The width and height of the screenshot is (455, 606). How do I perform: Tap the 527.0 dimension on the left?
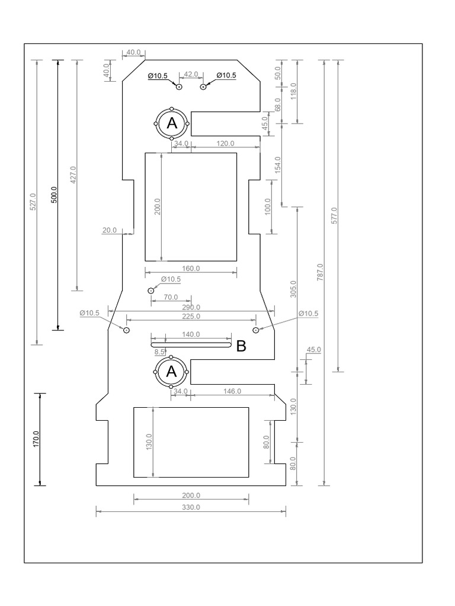[33, 201]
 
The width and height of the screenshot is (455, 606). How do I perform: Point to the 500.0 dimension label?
[54, 195]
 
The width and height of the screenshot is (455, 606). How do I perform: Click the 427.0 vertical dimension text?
[73, 175]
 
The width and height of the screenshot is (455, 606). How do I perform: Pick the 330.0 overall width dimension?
[191, 507]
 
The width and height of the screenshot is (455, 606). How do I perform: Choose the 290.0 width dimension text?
[191, 307]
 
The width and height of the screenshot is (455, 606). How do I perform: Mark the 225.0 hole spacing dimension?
[191, 317]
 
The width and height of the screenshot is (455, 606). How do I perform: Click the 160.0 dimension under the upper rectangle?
[191, 268]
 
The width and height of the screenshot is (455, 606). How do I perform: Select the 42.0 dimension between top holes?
[191, 74]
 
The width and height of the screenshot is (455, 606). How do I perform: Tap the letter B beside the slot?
[241, 347]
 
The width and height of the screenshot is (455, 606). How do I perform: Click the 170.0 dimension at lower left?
[36, 439]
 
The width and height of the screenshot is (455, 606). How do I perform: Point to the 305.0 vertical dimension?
[293, 289]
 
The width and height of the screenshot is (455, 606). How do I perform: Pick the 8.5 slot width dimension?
[159, 352]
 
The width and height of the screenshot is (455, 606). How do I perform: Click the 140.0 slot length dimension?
[191, 334]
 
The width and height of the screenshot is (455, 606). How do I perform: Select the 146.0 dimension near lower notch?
[232, 391]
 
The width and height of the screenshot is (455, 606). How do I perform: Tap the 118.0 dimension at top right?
[293, 91]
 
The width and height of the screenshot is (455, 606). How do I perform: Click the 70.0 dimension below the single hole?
[171, 296]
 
